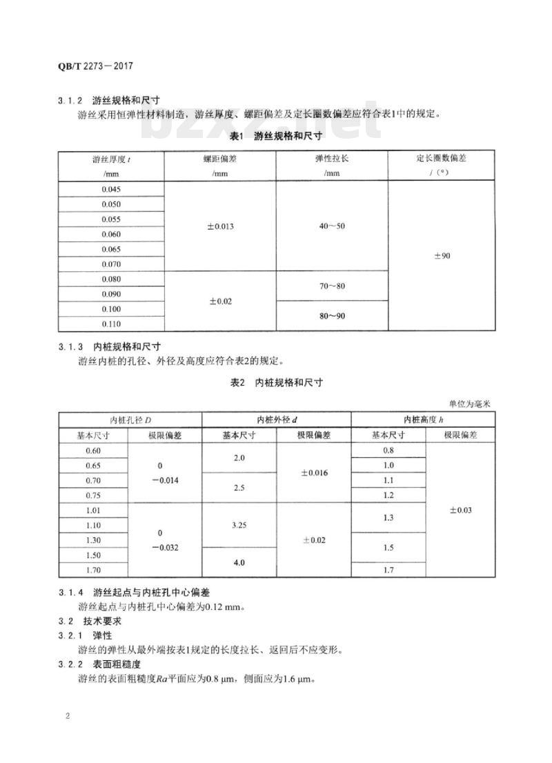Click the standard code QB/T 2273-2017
coord(95,67)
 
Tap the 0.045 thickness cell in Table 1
coord(111,189)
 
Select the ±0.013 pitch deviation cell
coord(220,226)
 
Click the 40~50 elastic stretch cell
coord(332,226)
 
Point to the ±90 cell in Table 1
coord(442,256)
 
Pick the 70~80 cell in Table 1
coord(332,286)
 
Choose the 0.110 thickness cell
coord(111,324)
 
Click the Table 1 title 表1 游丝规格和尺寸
coord(276,136)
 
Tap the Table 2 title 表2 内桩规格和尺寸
coord(276,382)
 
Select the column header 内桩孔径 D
coord(130,420)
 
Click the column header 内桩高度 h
coord(423,420)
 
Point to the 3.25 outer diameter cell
coord(239,525)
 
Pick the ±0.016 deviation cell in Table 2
coord(313,473)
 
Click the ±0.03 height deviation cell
coord(460,511)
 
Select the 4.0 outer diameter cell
coord(239,563)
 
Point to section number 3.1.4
coord(70,593)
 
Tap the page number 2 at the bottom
coord(68,715)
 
